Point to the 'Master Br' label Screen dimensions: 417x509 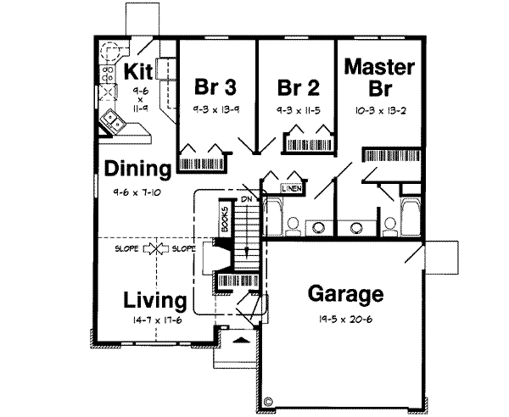pyautogui.click(x=380, y=77)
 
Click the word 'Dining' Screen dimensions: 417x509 pyautogui.click(x=139, y=169)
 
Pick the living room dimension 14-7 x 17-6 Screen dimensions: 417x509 pyautogui.click(x=153, y=320)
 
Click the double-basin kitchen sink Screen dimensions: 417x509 pyautogui.click(x=114, y=121)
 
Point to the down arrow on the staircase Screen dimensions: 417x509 pyautogui.click(x=247, y=251)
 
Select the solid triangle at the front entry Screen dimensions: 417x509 pyautogui.click(x=240, y=339)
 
